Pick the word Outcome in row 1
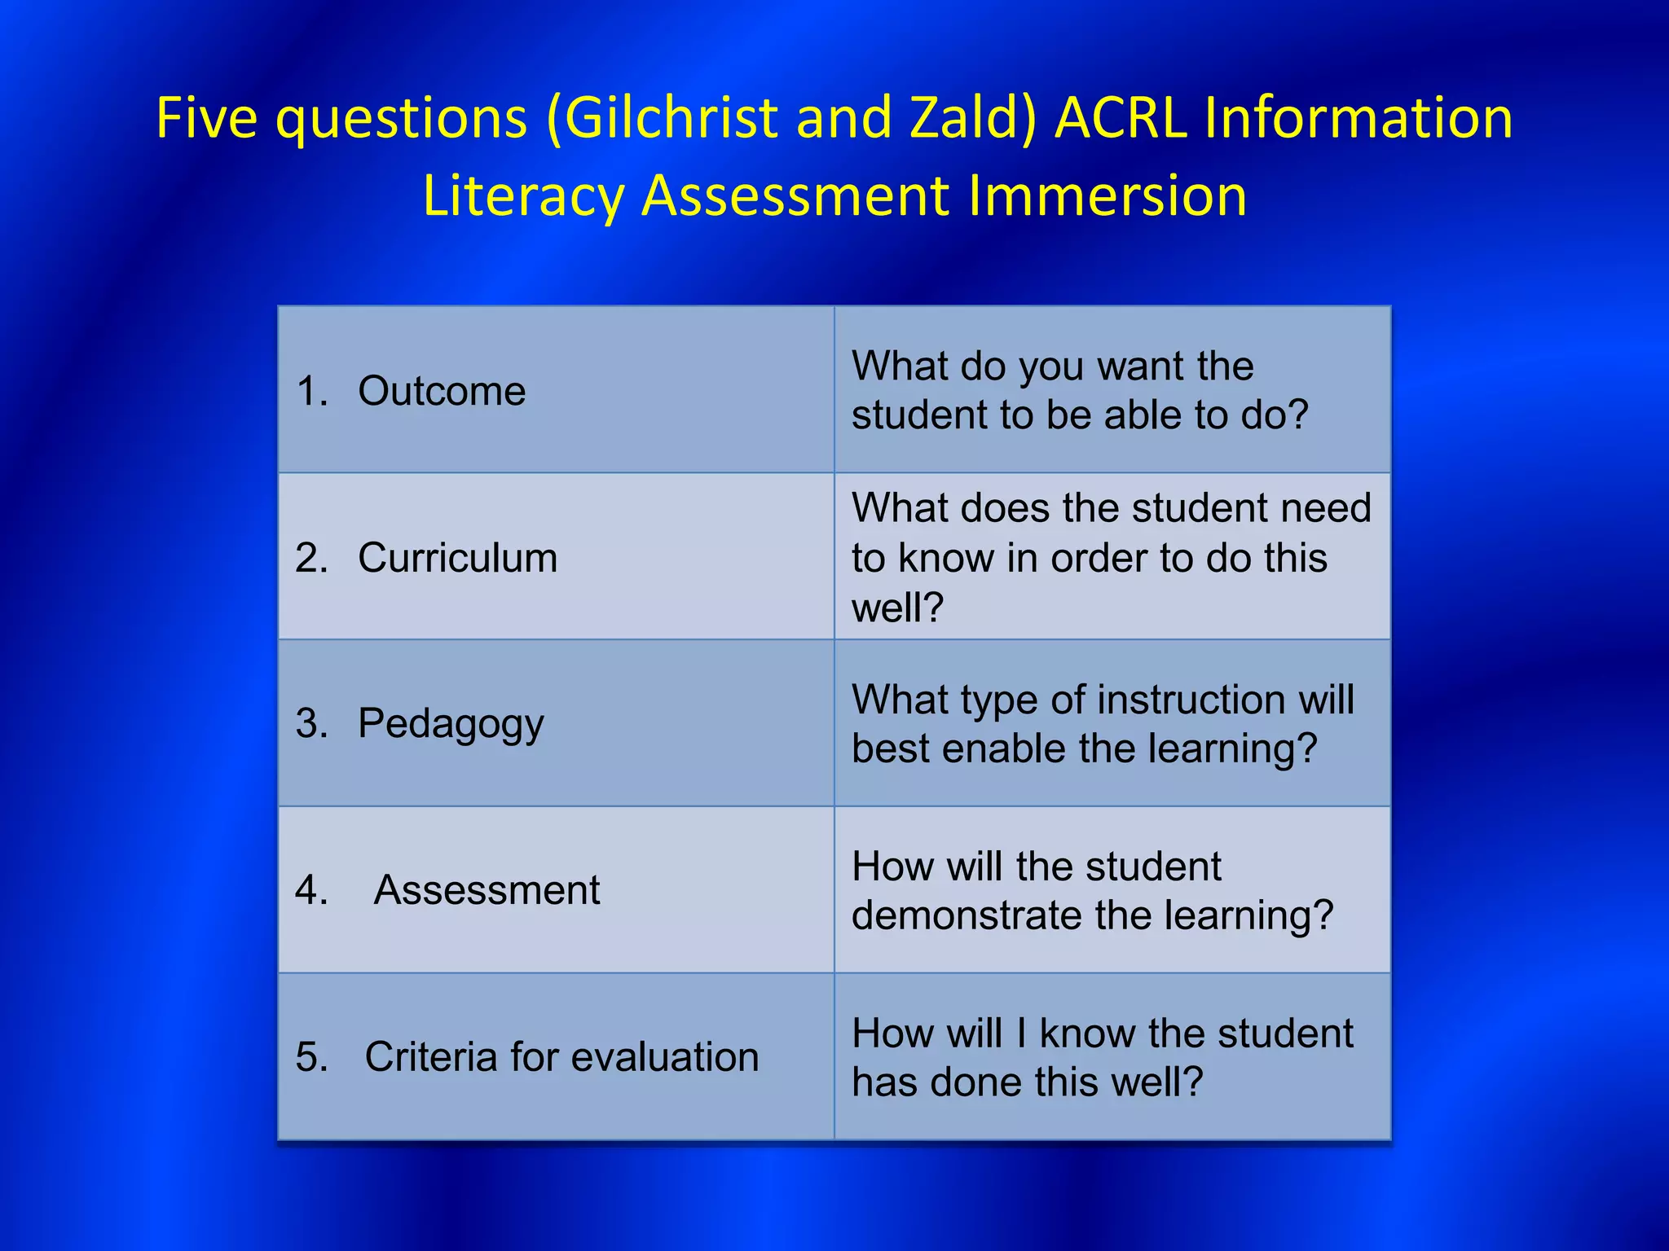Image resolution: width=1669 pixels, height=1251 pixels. [442, 391]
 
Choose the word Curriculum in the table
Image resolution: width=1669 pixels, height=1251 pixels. [457, 558]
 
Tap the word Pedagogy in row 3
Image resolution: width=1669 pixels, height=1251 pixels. [451, 724]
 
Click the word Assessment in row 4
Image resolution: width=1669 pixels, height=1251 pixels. [487, 889]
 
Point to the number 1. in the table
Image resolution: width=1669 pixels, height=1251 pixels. [312, 391]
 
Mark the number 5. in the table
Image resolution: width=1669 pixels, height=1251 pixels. [312, 1056]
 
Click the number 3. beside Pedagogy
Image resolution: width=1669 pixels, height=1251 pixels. [312, 723]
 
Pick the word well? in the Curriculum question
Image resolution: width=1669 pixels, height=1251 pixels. [897, 608]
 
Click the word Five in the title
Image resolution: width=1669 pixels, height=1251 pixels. [206, 118]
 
